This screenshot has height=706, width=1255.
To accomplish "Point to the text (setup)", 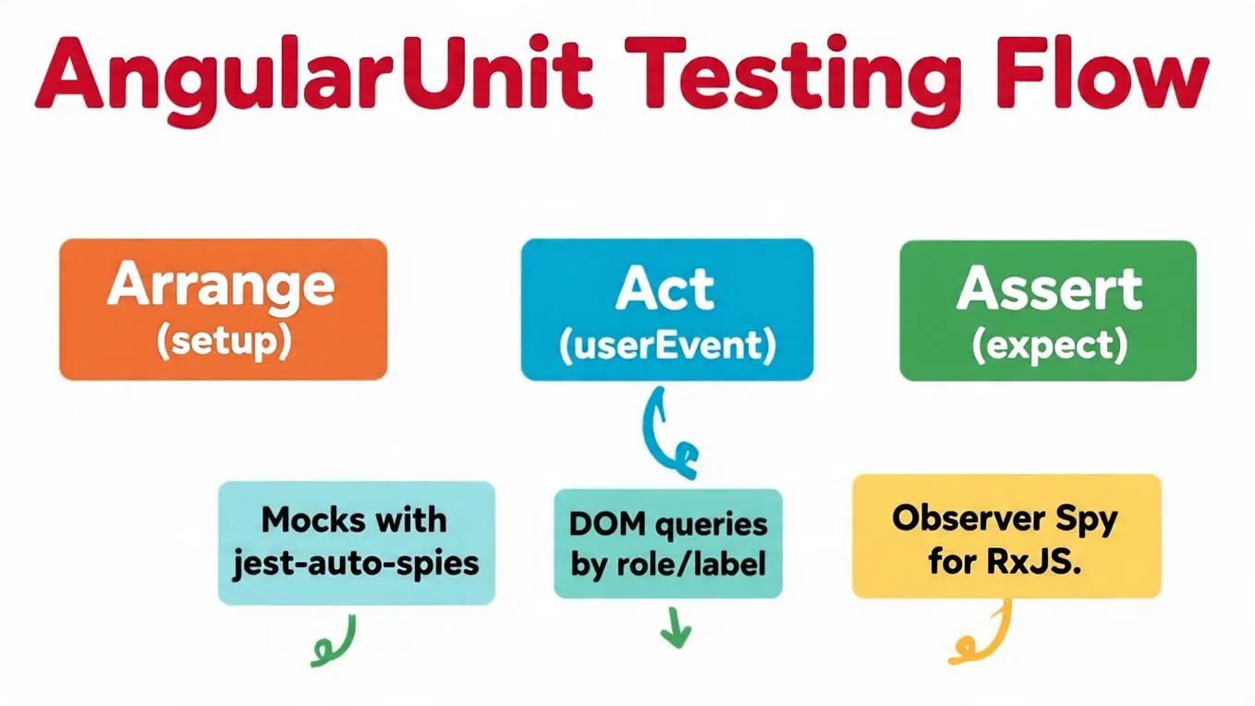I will tap(224, 342).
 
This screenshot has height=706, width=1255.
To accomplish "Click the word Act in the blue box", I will tap(665, 287).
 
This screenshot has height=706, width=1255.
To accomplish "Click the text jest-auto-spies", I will tap(356, 564).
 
